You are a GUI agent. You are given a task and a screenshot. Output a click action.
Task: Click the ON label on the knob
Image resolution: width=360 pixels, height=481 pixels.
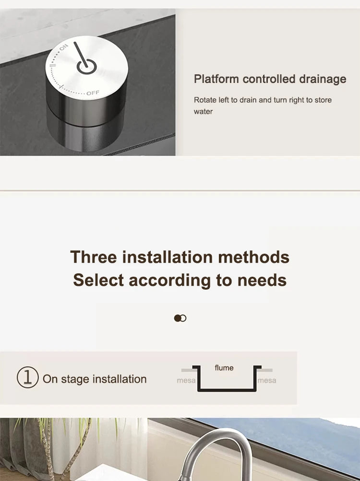[63, 47]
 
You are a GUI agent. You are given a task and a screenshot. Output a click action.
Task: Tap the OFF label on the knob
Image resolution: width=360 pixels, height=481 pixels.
[93, 93]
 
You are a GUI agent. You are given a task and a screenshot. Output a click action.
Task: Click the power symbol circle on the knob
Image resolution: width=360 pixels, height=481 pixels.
[86, 67]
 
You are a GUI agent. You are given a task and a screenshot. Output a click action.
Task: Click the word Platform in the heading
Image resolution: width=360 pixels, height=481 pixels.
[216, 79]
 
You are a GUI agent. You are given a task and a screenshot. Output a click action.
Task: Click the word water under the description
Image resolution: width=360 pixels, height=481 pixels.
[203, 112]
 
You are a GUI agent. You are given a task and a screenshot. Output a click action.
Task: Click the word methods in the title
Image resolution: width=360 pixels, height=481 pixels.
[254, 257]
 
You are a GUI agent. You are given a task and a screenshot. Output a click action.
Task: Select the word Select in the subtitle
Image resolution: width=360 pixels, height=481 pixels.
[98, 280]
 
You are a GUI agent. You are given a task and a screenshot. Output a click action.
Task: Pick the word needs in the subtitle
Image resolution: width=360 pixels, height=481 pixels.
[262, 281]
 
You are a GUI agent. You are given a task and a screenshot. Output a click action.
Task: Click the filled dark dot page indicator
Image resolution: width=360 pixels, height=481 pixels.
[178, 318]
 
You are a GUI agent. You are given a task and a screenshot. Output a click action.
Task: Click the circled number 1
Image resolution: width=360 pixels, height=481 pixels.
[28, 377]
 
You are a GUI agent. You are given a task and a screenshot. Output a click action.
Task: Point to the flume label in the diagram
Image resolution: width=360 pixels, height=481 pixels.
[224, 367]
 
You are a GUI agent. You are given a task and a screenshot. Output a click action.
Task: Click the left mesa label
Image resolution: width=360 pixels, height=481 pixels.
[186, 380]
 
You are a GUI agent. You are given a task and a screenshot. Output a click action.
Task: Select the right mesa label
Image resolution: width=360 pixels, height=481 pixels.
[266, 380]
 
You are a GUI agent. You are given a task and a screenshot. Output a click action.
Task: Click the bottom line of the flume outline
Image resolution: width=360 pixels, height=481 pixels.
[227, 390]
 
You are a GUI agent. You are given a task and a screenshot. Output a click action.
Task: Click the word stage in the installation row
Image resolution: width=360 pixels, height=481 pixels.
[75, 379]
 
